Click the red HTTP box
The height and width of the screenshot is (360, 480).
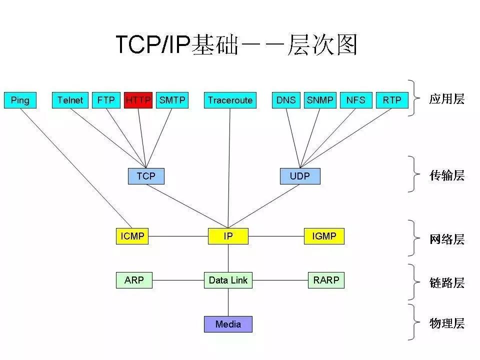138,100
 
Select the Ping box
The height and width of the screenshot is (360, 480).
20,100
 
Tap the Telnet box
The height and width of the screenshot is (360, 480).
70,100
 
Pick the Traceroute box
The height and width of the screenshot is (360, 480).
230,100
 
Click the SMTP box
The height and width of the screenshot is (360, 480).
172,100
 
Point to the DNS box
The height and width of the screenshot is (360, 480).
286,100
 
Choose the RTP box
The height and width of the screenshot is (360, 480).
392,100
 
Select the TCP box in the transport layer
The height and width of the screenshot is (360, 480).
146,176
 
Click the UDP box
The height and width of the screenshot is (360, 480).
300,176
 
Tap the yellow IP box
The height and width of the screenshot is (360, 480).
228,236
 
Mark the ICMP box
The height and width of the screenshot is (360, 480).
132,236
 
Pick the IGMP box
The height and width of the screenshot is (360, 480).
324,236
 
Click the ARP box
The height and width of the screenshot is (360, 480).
134,280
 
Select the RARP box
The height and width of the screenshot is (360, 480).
326,280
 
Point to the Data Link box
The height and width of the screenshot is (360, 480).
228,280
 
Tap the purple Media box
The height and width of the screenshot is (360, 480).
228,324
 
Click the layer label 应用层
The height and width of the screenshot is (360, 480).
446,99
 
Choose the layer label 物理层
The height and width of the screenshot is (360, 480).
446,323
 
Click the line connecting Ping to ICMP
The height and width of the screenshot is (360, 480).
75,166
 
